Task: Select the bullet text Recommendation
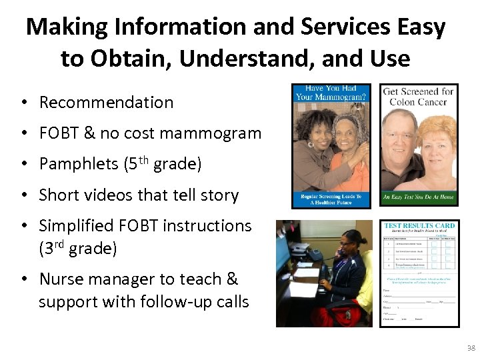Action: pos(106,102)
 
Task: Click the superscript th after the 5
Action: pos(143,159)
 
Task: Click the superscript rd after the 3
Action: pos(60,245)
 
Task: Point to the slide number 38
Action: pos(471,348)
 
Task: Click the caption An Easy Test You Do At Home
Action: pos(418,198)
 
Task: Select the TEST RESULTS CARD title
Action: pos(419,225)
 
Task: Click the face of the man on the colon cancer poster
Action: pos(403,136)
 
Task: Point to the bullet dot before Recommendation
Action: pos(23,103)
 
